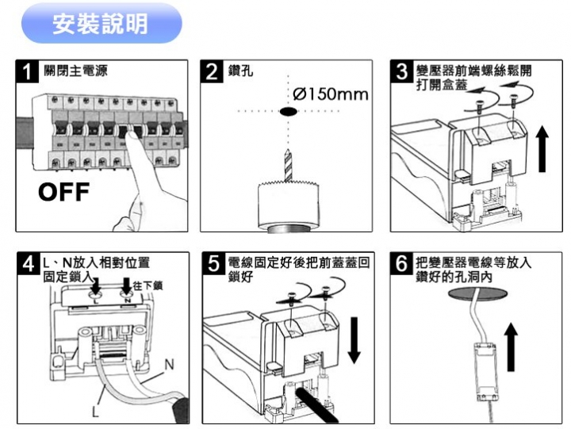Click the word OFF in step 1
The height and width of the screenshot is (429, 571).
click(x=67, y=193)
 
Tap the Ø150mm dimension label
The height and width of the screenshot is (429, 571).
click(x=331, y=95)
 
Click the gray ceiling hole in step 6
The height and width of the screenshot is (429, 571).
click(x=476, y=295)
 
